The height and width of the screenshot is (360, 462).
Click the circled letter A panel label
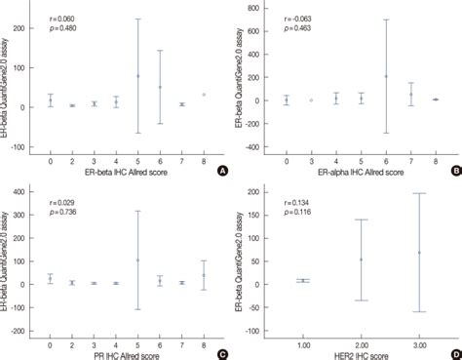click(x=222, y=169)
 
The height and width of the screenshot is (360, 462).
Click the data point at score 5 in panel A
click(x=138, y=76)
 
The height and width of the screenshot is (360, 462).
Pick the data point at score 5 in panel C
click(x=138, y=260)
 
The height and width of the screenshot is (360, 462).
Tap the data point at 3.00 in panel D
click(x=420, y=253)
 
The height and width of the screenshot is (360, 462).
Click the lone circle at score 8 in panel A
click(x=204, y=95)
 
